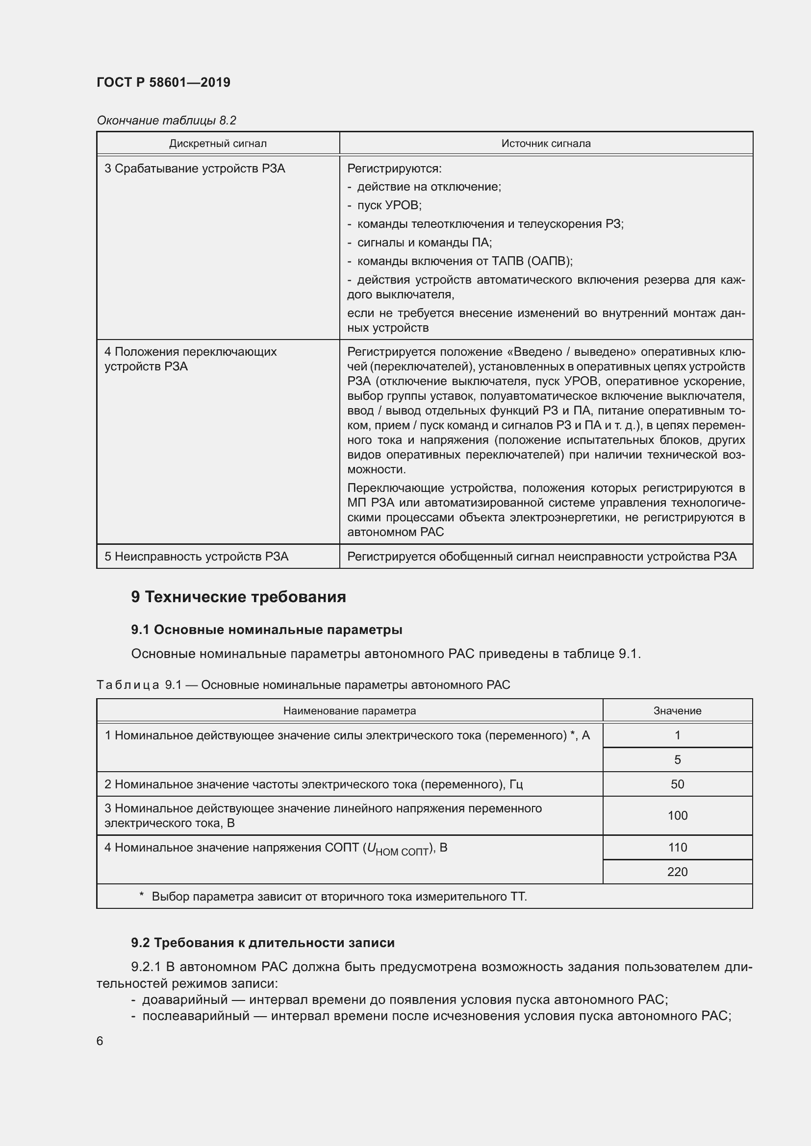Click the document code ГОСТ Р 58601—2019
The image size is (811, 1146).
(163, 82)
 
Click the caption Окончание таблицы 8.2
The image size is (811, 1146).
(166, 121)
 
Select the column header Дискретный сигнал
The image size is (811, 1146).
(218, 144)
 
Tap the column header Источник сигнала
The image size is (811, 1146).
(546, 144)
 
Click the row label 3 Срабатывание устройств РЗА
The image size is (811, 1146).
(195, 169)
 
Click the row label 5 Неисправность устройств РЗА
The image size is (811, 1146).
(196, 557)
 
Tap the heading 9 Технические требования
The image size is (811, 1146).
(238, 597)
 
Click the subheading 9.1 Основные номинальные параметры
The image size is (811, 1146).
(267, 630)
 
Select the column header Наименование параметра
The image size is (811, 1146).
(350, 711)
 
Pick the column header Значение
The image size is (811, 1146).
(677, 711)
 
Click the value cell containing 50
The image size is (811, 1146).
(677, 784)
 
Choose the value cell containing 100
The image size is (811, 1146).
(677, 816)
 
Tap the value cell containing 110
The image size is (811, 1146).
(677, 848)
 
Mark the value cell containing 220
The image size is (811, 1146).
(677, 872)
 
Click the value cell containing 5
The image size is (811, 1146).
(677, 760)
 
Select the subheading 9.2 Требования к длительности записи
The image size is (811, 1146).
(263, 943)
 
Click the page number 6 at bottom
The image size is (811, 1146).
(100, 1041)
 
